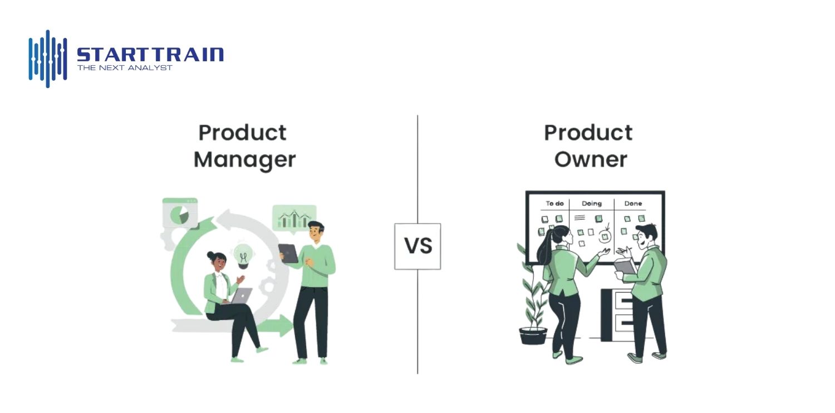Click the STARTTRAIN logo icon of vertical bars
(x=48, y=58)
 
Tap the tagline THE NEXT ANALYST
(x=125, y=68)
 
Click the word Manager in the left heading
(x=244, y=159)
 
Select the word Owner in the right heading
(x=591, y=159)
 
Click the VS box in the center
(x=417, y=246)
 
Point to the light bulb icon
(x=243, y=255)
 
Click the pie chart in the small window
(x=179, y=215)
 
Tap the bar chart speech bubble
(x=294, y=217)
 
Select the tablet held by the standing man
(x=288, y=254)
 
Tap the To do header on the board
(x=554, y=203)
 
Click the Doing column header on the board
(x=591, y=203)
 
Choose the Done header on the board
(x=633, y=203)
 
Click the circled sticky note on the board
(x=605, y=236)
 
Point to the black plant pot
(x=533, y=336)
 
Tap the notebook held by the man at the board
(x=626, y=266)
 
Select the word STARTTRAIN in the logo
(x=150, y=55)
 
